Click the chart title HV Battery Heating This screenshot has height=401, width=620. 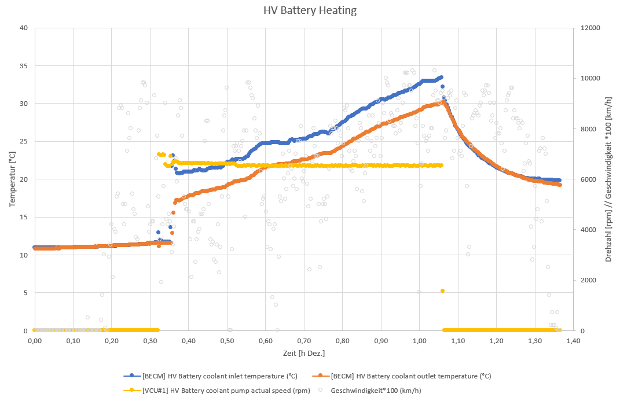pyautogui.click(x=310, y=10)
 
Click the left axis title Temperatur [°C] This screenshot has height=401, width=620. pyautogui.click(x=13, y=179)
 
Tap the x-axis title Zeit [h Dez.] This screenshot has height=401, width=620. pyautogui.click(x=303, y=352)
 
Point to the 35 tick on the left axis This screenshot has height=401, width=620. pyautogui.click(x=24, y=65)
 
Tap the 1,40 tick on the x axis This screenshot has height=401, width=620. pyautogui.click(x=573, y=341)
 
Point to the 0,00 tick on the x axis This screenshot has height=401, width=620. pyautogui.click(x=35, y=341)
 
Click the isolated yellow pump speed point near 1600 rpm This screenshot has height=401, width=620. pyautogui.click(x=443, y=290)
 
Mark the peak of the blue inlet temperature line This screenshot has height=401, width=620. pyautogui.click(x=441, y=77)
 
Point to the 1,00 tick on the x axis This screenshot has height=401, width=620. pyautogui.click(x=419, y=341)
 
